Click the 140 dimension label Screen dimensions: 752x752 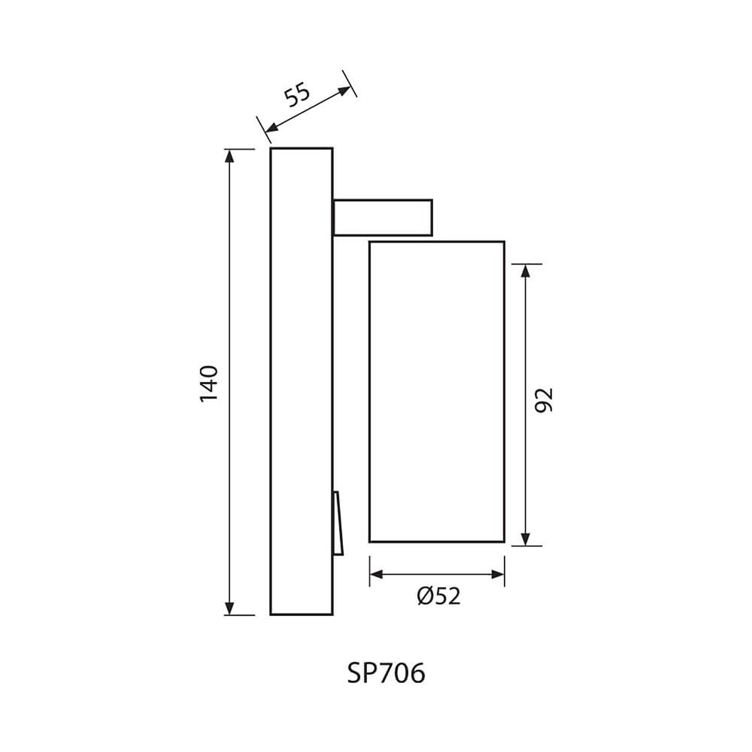[x=209, y=383]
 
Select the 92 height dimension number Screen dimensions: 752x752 [x=544, y=400]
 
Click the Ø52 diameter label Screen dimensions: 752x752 [x=439, y=596]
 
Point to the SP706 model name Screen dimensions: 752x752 [x=386, y=673]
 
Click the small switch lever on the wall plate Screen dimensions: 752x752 [x=338, y=523]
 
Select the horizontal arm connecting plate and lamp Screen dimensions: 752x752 [x=383, y=218]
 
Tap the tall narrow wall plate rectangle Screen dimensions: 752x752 [x=302, y=382]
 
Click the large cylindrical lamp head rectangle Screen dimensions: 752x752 [x=437, y=392]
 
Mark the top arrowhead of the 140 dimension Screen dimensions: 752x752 [x=229, y=156]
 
